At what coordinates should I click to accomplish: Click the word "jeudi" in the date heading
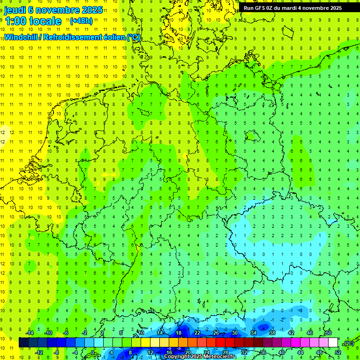coord(15,10)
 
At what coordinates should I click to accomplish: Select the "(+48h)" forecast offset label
coord(81,21)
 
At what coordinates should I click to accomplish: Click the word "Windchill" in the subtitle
coord(22,37)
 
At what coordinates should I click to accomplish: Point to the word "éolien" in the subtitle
coord(114,37)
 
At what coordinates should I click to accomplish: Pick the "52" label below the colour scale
coord(338,352)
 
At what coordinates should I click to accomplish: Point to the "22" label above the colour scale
coord(197,333)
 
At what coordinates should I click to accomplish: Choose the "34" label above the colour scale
coord(254,333)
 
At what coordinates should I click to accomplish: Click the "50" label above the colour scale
coord(329,333)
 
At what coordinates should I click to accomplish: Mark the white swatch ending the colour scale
coord(333,343)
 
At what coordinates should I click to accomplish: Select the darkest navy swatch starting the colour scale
coord(23,343)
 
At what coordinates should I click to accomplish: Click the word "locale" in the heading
coord(45,21)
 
